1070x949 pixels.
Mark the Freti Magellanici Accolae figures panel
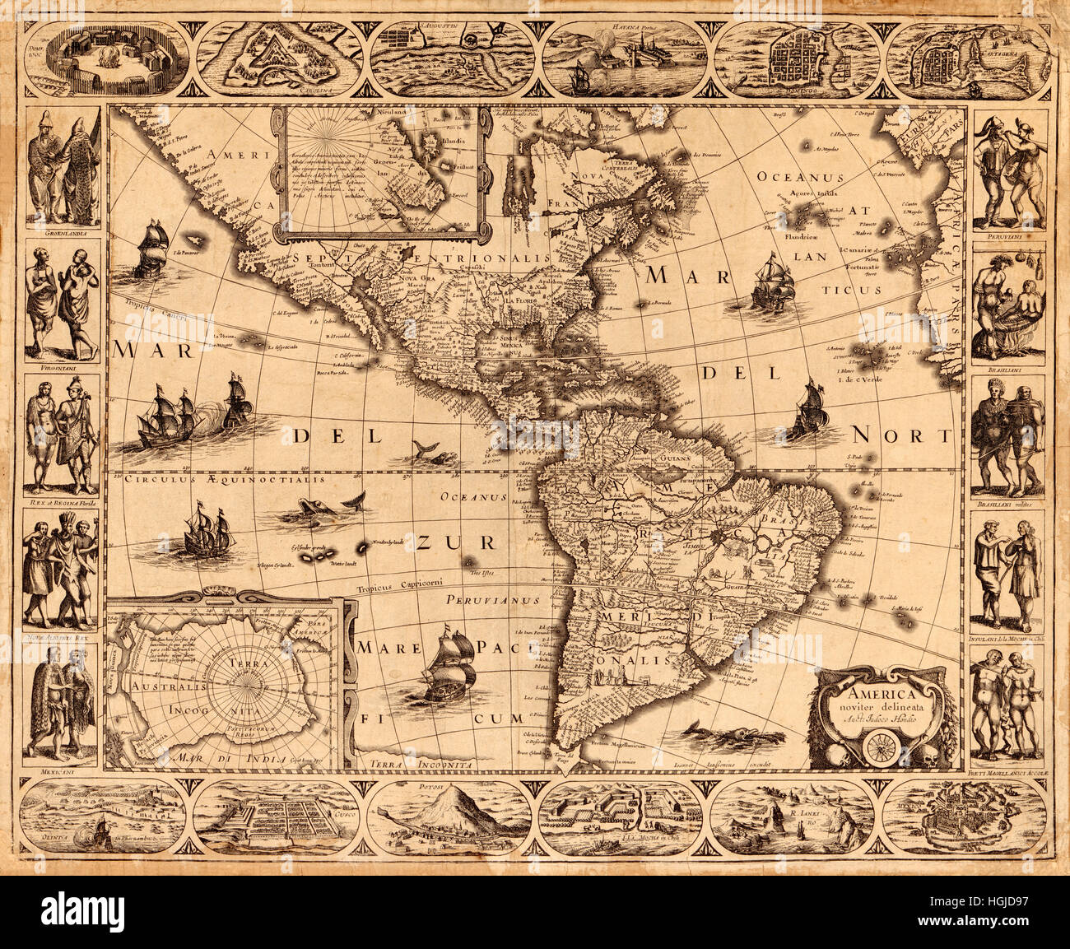pos(1008,704)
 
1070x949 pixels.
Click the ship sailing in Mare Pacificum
pos(449,667)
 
